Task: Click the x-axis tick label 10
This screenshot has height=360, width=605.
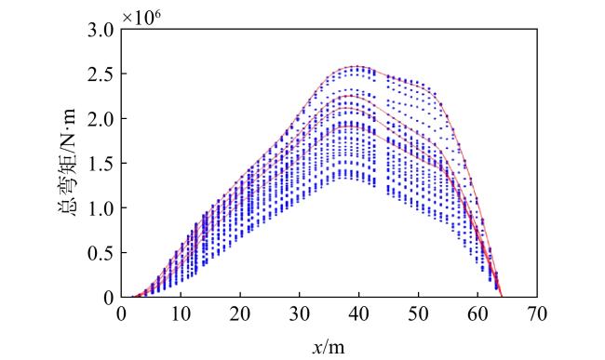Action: (x=181, y=314)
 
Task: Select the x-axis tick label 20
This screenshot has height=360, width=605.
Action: (x=240, y=314)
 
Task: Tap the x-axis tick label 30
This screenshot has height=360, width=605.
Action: (x=300, y=314)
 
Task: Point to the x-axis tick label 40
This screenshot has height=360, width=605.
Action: (x=359, y=314)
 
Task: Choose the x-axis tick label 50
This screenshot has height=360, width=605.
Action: (x=418, y=314)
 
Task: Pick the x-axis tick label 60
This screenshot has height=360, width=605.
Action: (x=477, y=314)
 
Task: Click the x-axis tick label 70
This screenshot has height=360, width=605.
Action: (x=537, y=314)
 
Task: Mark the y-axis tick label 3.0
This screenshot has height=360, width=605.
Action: (x=101, y=31)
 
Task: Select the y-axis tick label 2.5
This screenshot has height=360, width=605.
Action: (x=101, y=73)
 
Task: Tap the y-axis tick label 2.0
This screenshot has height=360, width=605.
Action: (x=101, y=118)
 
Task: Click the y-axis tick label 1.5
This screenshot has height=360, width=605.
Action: (x=101, y=163)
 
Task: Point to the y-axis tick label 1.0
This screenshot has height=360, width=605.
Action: (x=101, y=207)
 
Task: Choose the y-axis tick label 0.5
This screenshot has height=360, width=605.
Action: (x=101, y=252)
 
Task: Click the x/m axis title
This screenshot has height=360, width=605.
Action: (x=329, y=347)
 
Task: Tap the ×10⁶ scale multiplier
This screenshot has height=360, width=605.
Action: (x=141, y=18)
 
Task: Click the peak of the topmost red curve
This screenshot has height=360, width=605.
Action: (x=356, y=66)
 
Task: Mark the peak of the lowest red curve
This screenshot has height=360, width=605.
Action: (x=349, y=127)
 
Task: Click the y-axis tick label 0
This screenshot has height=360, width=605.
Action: (x=110, y=298)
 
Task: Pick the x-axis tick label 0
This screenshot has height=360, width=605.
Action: (x=121, y=314)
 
